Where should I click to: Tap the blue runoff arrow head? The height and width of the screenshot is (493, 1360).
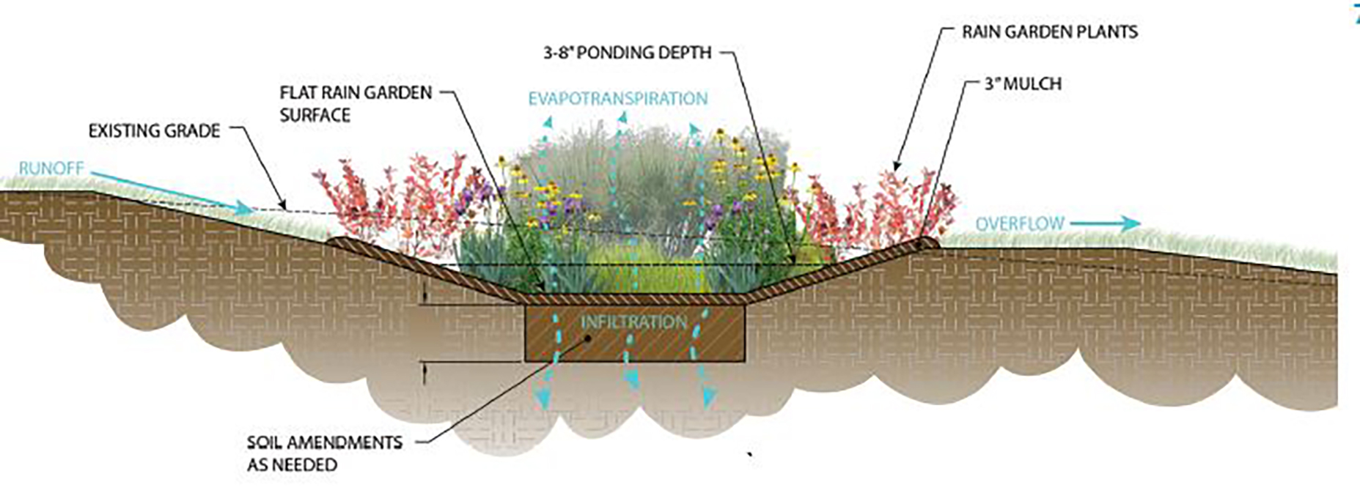[245, 208]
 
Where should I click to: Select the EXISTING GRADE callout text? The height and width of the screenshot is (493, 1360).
[155, 131]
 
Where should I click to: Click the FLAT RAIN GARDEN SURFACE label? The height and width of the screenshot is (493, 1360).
[356, 104]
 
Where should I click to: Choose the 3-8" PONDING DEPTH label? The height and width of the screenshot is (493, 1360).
[628, 53]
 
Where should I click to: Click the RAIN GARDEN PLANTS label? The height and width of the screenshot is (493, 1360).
[1050, 32]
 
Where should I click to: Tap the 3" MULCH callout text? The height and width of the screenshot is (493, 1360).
[1023, 84]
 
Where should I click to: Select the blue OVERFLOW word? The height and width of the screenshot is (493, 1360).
[1020, 223]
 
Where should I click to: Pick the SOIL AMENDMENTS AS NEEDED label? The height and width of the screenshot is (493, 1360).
[325, 453]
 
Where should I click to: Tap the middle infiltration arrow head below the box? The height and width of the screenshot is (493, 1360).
[631, 379]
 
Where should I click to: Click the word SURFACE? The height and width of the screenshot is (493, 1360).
[315, 115]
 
